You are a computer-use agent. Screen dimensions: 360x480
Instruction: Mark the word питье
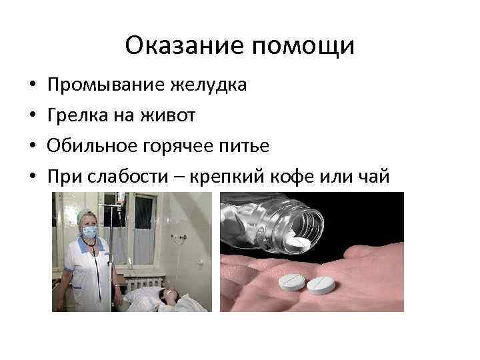click(236, 146)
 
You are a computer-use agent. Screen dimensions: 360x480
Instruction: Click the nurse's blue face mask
click(89, 231)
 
